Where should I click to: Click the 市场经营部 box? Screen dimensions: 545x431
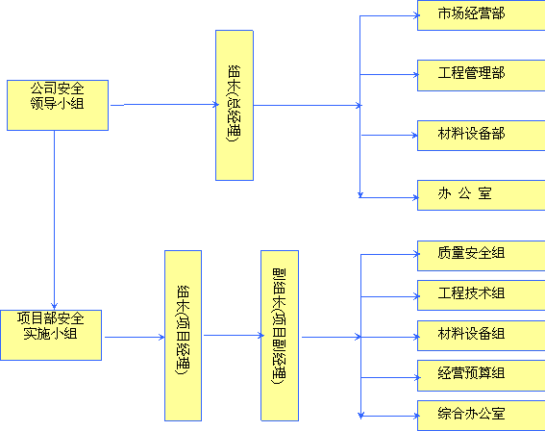coord(481,15)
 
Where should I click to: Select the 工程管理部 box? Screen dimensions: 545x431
coord(481,75)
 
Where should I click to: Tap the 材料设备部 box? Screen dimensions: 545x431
coord(481,136)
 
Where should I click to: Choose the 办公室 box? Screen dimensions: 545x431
coord(481,195)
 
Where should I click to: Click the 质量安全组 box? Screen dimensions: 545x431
coord(481,256)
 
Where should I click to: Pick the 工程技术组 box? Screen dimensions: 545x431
coord(481,295)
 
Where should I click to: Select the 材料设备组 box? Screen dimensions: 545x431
coord(481,336)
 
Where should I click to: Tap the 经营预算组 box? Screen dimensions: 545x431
coord(481,376)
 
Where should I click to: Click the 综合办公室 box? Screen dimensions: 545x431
coord(481,416)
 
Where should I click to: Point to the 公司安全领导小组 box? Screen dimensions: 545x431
coord(58,106)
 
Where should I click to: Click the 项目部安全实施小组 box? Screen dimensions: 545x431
coord(51,336)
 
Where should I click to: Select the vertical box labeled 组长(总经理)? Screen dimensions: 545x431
coord(235,106)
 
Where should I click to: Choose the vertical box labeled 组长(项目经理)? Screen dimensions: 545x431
coord(184,336)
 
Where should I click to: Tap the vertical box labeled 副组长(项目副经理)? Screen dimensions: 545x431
coord(280,336)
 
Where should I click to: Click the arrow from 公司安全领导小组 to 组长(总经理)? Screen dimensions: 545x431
coord(164,104)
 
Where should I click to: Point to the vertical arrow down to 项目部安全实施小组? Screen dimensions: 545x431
coord(54,220)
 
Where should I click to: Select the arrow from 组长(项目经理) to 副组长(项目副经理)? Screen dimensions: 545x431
coord(234,336)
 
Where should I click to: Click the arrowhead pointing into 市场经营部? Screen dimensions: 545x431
coord(416,15)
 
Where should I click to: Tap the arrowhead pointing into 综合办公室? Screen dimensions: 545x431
coord(416,416)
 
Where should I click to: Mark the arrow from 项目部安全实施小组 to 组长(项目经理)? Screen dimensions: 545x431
coord(135,337)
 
